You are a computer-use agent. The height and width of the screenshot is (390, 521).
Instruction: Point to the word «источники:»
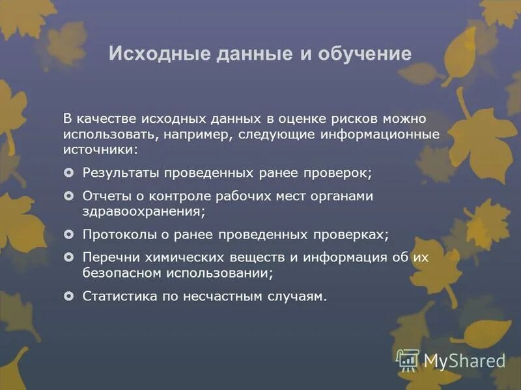coord(101,149)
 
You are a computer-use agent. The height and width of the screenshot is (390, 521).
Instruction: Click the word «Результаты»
coord(120,173)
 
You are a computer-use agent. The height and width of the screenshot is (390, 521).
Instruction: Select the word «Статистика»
coord(120,296)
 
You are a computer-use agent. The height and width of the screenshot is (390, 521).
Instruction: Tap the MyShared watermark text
coord(464,360)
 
